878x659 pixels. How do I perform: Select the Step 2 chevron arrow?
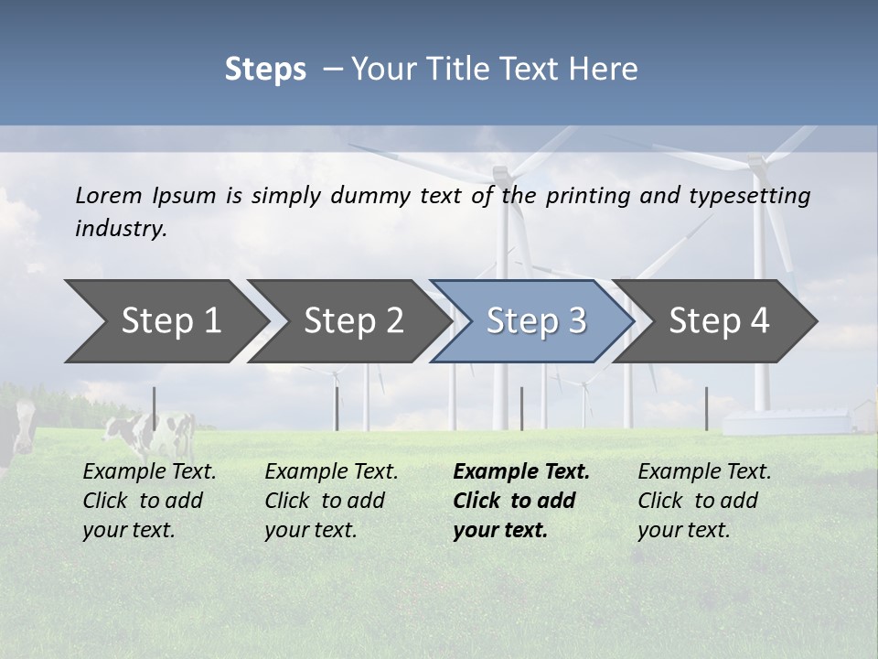click(352, 321)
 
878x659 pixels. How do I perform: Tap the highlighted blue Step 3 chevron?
click(535, 321)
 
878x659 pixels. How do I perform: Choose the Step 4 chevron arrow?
click(718, 321)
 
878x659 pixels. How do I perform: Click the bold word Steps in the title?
click(265, 70)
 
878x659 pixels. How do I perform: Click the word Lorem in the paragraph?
click(109, 195)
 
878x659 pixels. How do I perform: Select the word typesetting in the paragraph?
click(751, 196)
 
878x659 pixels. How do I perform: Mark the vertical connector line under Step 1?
click(154, 408)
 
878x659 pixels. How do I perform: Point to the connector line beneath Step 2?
click(337, 408)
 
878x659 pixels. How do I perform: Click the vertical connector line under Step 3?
click(521, 408)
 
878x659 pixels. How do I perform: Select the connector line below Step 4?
click(706, 408)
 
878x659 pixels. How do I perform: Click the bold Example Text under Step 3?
click(521, 471)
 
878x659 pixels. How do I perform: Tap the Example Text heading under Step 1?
click(149, 471)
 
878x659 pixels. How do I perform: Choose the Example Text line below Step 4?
click(704, 471)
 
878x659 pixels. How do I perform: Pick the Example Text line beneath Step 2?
click(331, 471)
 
